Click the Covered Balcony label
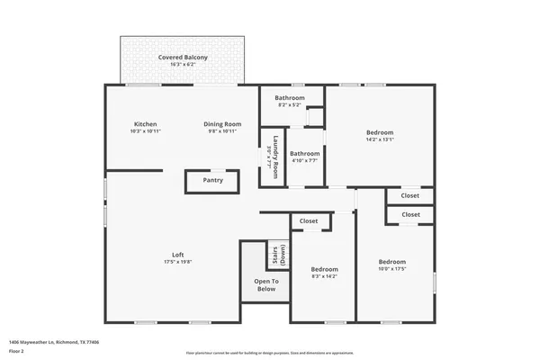(183, 58)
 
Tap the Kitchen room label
(146, 123)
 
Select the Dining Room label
(221, 123)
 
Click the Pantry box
(212, 180)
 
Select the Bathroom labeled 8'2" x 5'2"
(290, 98)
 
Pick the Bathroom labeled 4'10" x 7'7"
(304, 153)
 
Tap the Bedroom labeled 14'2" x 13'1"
(379, 132)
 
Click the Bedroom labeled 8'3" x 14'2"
(324, 269)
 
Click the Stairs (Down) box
(276, 256)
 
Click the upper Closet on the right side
(410, 194)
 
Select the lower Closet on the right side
(410, 214)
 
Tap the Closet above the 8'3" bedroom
(309, 220)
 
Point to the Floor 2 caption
(18, 349)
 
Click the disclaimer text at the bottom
(270, 353)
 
